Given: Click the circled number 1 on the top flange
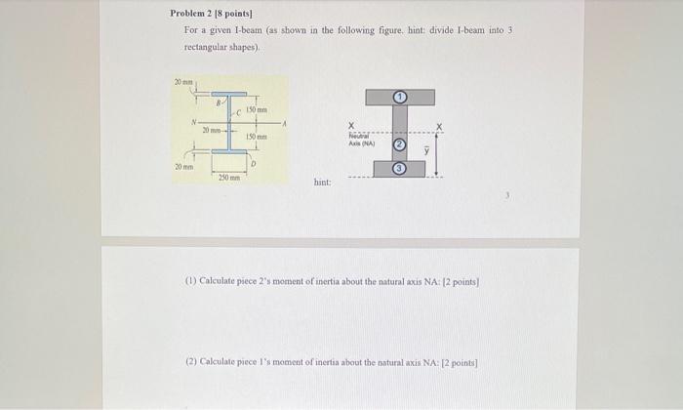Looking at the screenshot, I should tap(399, 97).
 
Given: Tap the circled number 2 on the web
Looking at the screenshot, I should tap(399, 144).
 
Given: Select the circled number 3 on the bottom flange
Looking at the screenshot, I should tap(399, 169).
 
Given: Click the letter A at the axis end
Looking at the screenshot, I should tap(283, 122).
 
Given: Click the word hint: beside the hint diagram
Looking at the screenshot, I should tap(323, 183).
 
